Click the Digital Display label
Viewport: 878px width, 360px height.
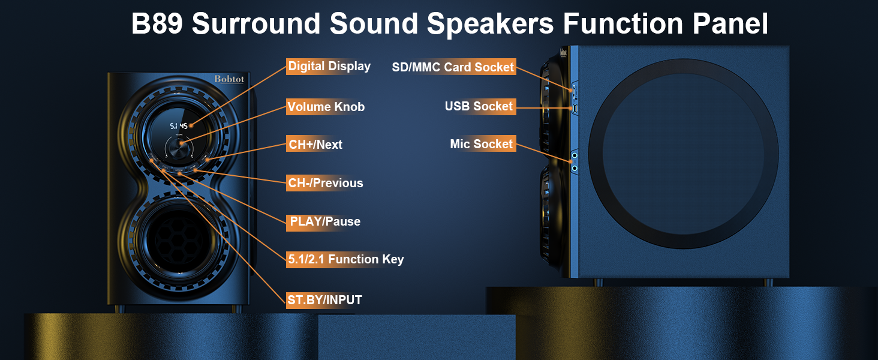(329, 66)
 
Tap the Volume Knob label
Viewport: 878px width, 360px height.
(326, 107)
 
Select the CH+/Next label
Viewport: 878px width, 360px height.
(315, 145)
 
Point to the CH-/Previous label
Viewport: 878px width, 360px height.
(326, 183)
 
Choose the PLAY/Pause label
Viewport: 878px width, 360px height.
(325, 221)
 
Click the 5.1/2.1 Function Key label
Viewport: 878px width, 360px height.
(346, 259)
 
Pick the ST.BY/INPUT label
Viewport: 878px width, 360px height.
(325, 300)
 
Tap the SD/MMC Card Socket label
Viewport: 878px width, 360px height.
(453, 67)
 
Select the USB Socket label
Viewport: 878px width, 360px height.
(479, 106)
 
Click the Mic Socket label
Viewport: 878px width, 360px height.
(482, 144)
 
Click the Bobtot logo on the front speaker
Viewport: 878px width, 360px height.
(229, 79)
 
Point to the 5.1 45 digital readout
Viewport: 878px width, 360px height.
(179, 126)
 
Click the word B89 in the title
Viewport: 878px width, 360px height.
(157, 23)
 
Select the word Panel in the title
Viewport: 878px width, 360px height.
(730, 23)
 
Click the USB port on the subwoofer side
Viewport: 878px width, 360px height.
(575, 109)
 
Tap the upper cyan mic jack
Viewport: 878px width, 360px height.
(575, 155)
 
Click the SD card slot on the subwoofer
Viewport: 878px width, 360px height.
(574, 91)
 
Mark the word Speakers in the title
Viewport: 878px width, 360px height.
(491, 25)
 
